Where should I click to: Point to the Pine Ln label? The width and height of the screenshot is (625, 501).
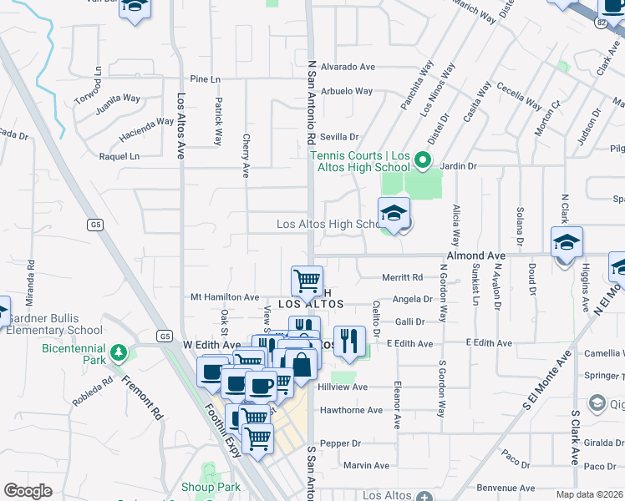(205, 79)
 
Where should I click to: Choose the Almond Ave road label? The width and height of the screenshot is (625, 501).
(476, 255)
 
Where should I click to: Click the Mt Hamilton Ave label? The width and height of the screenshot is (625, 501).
(226, 297)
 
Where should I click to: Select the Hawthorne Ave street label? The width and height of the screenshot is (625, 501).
(355, 410)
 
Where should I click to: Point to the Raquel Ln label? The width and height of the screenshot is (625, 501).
(119, 156)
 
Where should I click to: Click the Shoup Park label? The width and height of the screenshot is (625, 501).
(211, 487)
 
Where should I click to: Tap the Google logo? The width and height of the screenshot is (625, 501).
(28, 491)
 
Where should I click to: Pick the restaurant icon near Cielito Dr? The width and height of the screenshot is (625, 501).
(349, 341)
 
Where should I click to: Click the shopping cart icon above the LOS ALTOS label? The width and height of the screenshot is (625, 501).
(307, 281)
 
